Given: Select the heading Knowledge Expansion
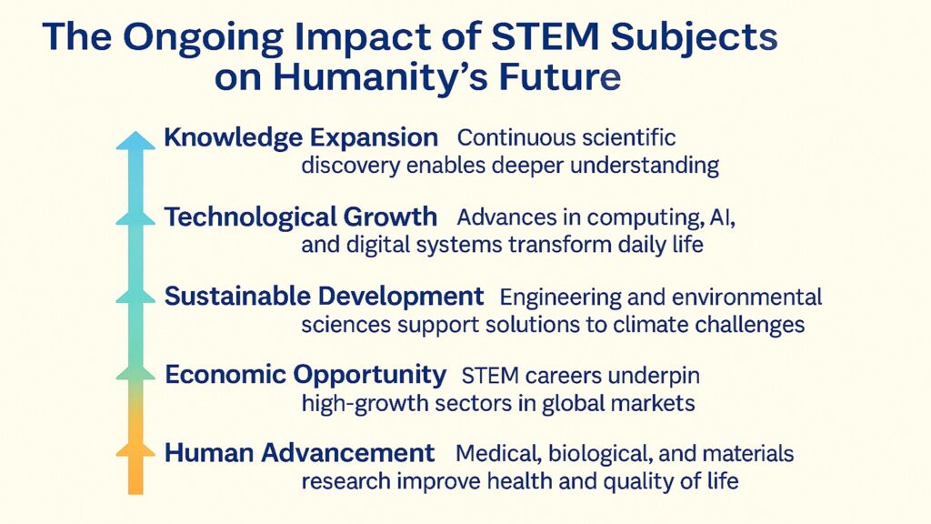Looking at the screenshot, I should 301,138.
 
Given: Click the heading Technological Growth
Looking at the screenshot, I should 301,217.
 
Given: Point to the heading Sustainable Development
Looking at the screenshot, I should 324,297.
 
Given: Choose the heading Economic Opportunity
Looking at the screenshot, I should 305,375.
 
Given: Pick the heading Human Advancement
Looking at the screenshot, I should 300,453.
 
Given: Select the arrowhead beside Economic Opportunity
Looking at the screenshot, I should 135,371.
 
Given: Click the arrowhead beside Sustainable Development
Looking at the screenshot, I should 135,294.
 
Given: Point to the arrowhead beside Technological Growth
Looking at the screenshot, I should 135,217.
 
